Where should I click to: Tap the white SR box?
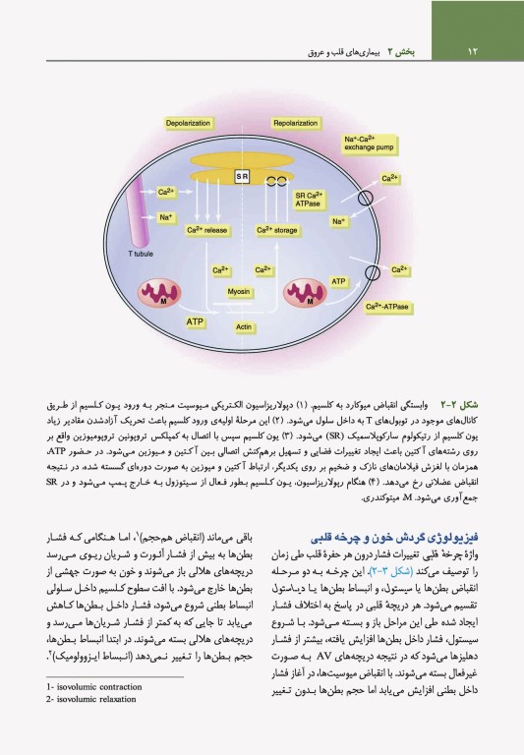[243, 177]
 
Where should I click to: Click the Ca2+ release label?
[207, 230]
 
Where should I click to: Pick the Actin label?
[245, 325]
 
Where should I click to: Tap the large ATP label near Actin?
[195, 320]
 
